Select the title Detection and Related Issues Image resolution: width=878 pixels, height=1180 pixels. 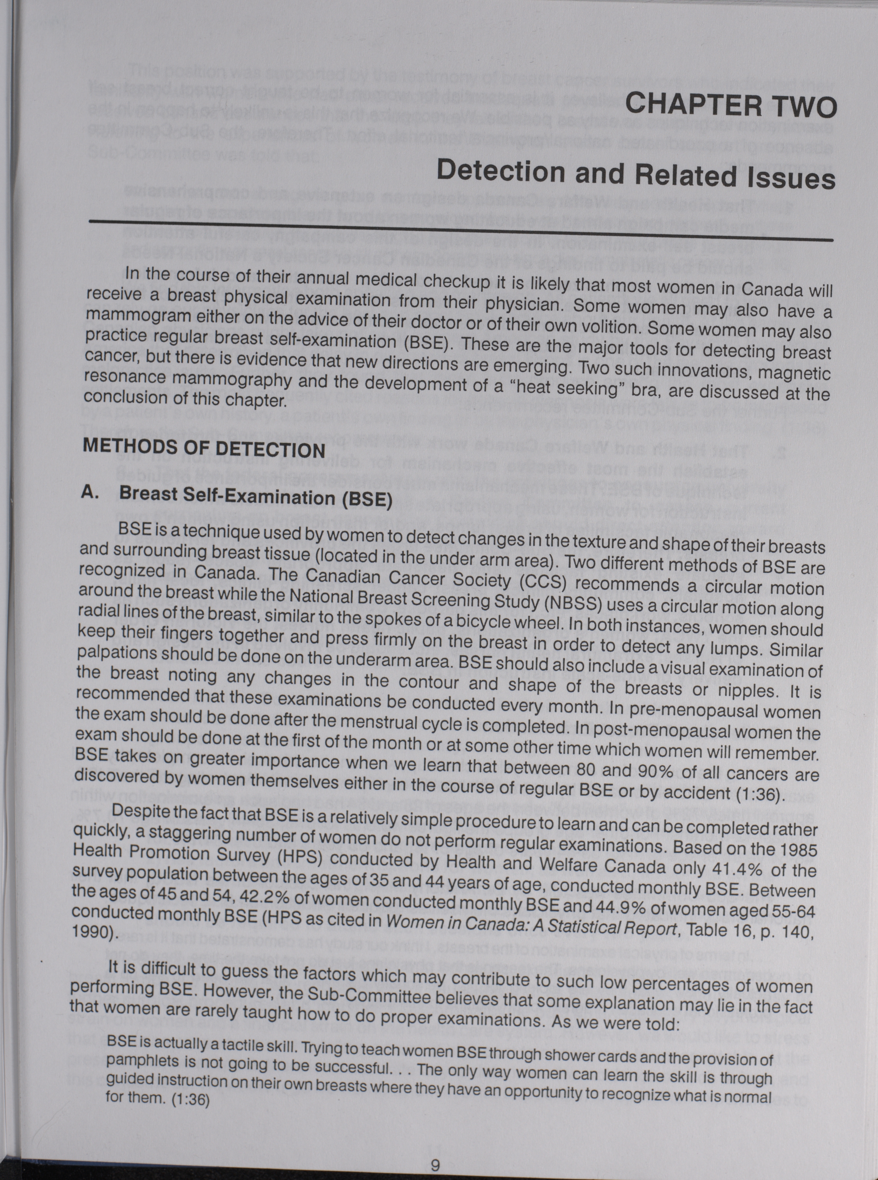click(635, 174)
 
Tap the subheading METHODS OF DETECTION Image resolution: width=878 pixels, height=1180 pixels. click(204, 448)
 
